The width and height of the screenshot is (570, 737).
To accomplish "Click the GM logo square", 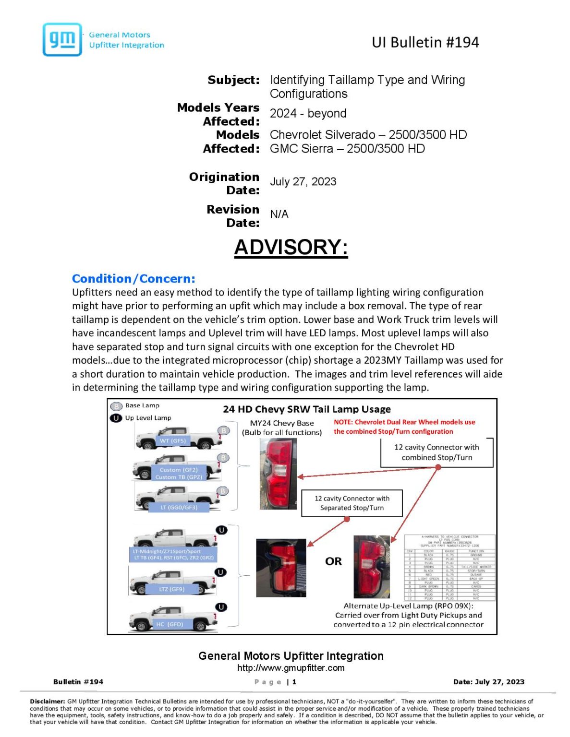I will coord(62,40).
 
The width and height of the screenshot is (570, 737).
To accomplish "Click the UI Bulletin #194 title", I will coord(425,43).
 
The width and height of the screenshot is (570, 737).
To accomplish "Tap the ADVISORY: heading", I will coord(291,248).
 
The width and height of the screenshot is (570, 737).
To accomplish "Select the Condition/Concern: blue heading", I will coord(133,279).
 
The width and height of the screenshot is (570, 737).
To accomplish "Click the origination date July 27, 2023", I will coord(303,182).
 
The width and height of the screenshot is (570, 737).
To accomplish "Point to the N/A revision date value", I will coord(279,214).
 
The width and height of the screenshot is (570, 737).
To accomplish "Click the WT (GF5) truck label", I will coord(172,440).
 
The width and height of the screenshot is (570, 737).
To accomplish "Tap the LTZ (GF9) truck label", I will coord(171,589).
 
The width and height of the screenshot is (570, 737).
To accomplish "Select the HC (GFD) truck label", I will coord(170,624).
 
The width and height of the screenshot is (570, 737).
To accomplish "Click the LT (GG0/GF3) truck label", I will coord(179,507).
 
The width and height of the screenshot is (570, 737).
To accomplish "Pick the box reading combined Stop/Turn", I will coord(437,452).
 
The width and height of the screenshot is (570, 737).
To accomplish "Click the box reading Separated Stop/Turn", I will coord(352,503).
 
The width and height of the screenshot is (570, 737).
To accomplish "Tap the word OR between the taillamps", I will coord(333,561).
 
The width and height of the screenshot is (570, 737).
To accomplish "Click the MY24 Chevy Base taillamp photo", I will coord(278,474).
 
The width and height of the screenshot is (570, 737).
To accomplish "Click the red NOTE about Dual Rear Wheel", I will coord(404,427).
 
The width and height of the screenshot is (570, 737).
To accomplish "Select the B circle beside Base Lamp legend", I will coord(116,406).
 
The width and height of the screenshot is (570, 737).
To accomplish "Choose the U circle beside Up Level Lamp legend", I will coord(116,418).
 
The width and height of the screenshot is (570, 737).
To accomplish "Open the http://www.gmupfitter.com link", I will coord(291,668).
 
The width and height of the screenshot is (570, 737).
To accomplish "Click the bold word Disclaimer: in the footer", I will coord(47,701).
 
